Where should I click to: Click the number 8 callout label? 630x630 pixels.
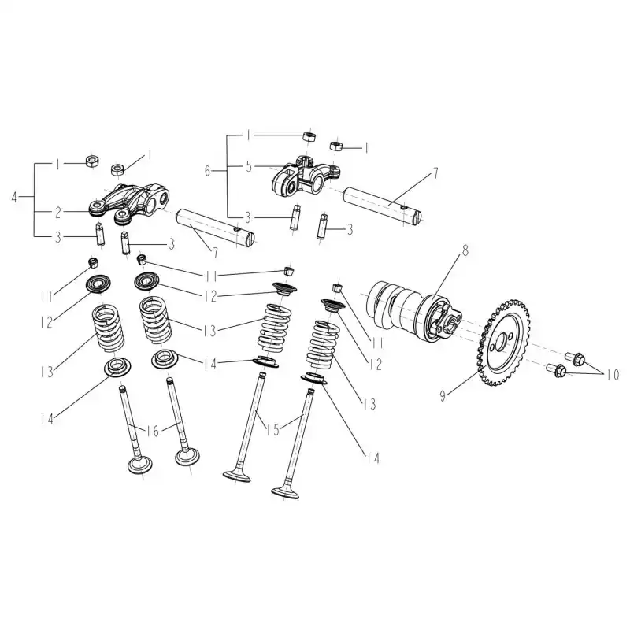(465, 250)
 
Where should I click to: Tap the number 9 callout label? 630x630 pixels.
(443, 396)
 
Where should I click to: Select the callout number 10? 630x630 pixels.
(613, 376)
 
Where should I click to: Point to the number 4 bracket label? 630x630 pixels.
(14, 198)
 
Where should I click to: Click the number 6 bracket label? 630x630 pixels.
(207, 171)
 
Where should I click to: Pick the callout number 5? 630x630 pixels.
(249, 166)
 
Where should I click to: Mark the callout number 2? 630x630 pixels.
(58, 213)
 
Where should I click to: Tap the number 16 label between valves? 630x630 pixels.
(152, 431)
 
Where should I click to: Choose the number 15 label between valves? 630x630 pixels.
(272, 430)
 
